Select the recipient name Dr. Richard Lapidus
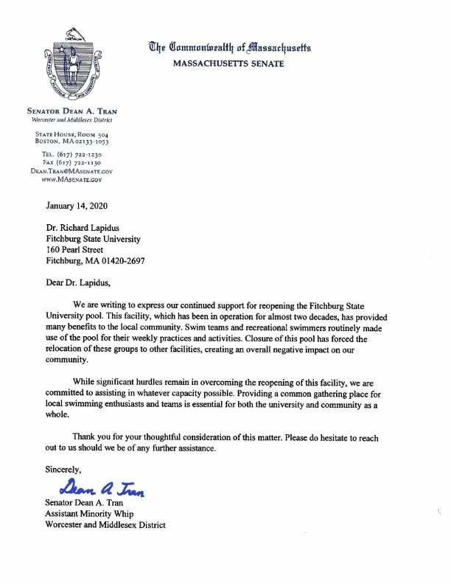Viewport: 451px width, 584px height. (83, 227)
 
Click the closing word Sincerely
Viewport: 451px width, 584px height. (63, 468)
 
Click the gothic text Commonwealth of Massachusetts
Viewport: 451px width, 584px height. (231, 48)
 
